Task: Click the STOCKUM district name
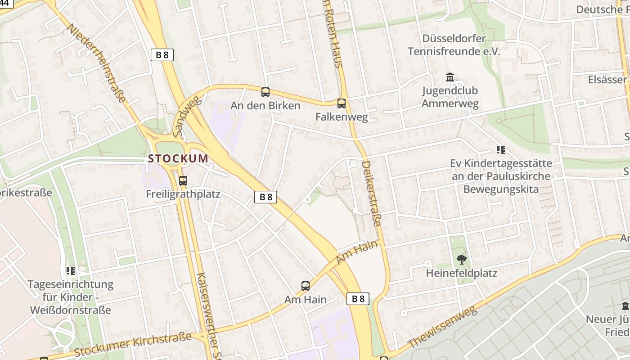coord(178,158)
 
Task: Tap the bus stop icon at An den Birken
coord(265,92)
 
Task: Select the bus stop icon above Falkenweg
coord(342,103)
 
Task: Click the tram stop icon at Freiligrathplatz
coord(183,181)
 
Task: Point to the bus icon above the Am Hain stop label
coord(306,286)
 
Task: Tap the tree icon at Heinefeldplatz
coord(461,259)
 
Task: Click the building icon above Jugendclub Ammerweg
coord(450,77)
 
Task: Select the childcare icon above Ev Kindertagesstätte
coord(500,150)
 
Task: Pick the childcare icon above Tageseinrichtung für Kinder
coord(71,270)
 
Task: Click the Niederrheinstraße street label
coord(95,63)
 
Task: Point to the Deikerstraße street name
coord(372,193)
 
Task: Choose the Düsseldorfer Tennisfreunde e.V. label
coord(454,45)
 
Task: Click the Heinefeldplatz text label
coord(461,273)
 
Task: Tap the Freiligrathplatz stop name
coord(183,194)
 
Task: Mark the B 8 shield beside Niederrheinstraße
coord(162,55)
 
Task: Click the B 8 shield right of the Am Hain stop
coord(358,298)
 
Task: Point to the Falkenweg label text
coord(342,117)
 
